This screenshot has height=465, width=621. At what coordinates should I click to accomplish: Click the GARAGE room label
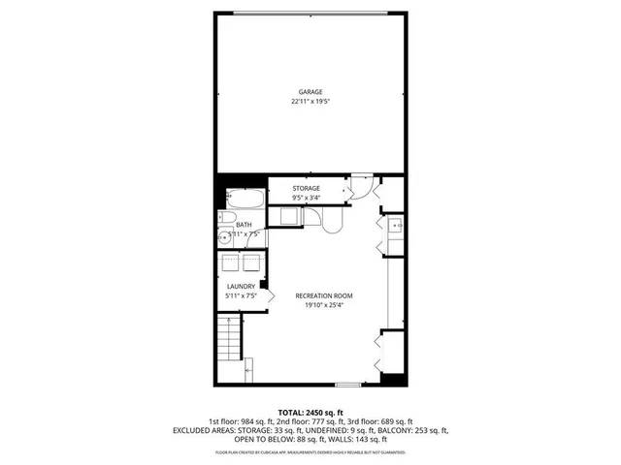(x=310, y=92)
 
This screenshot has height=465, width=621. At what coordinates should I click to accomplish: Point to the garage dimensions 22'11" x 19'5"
(x=310, y=101)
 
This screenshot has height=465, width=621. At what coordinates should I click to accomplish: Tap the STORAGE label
(x=307, y=188)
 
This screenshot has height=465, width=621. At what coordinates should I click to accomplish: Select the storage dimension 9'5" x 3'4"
(x=307, y=198)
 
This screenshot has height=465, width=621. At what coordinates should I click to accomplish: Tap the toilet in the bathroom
(x=222, y=217)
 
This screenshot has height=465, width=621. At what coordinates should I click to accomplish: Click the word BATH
(x=243, y=225)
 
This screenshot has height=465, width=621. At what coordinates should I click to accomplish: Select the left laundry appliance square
(x=232, y=263)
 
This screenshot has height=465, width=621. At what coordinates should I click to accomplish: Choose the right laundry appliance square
(x=250, y=263)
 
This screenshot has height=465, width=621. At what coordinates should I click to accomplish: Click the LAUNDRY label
(x=241, y=287)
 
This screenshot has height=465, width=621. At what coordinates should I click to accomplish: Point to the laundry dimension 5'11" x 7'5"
(x=241, y=295)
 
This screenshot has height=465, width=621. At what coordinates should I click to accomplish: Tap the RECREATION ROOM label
(x=323, y=294)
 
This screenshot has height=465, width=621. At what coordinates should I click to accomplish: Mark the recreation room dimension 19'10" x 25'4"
(x=323, y=304)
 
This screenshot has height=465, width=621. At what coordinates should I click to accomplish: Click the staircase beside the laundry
(x=227, y=343)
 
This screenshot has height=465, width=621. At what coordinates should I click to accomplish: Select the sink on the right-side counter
(x=395, y=228)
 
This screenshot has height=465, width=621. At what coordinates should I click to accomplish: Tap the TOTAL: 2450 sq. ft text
(x=310, y=412)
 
